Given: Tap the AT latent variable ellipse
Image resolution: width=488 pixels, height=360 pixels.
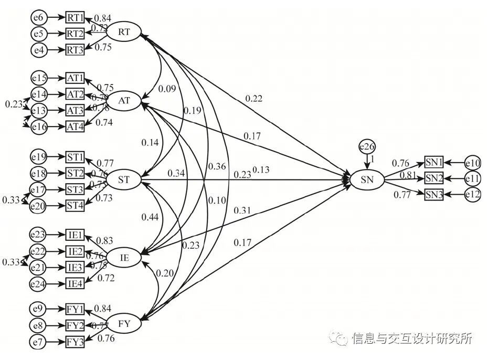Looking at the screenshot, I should [124, 100].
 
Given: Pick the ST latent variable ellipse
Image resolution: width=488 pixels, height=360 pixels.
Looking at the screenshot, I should [124, 181].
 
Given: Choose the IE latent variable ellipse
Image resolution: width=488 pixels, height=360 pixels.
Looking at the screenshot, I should [124, 257].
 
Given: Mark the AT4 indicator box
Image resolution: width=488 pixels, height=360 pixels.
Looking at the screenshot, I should [76, 126].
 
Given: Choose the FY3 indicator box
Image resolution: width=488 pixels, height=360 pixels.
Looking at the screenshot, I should [76, 343].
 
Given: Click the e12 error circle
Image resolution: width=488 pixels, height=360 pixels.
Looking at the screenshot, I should [472, 195].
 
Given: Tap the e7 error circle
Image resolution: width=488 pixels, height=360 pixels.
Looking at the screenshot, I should [39, 343].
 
